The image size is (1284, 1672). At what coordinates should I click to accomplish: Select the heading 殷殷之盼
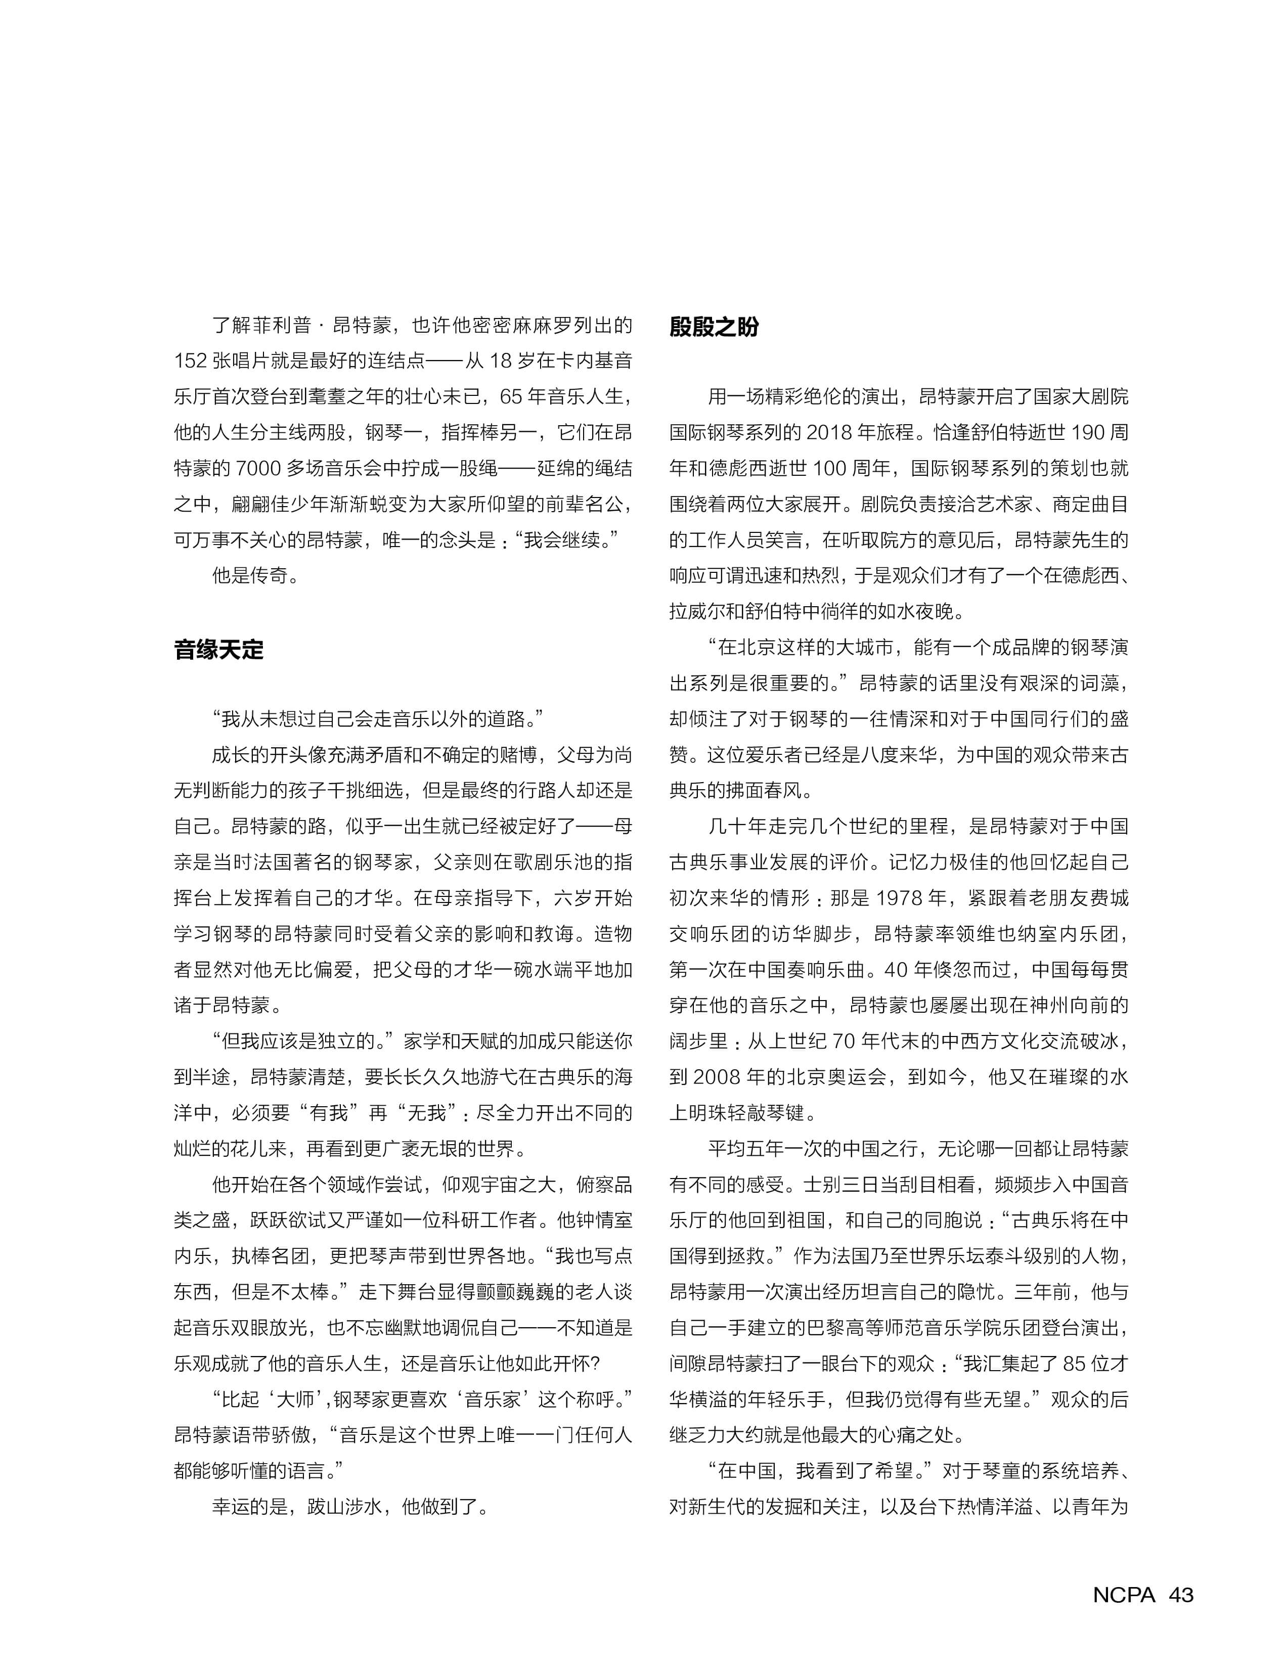714,327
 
